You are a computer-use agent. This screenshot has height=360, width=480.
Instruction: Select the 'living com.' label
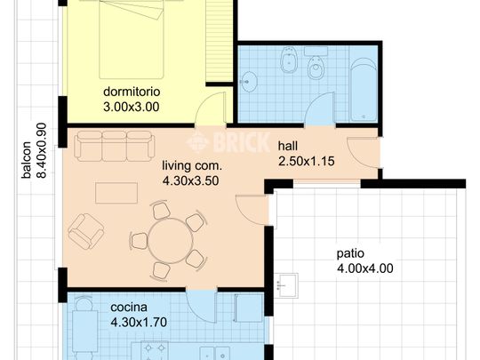pos(191,165)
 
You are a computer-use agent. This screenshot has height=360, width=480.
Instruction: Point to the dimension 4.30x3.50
pos(191,180)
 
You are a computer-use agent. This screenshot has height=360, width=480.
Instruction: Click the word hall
pos(288,146)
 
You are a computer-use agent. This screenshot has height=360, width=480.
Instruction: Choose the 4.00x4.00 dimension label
pos(364,268)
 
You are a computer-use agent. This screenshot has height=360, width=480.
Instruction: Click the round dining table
pos(169,240)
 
